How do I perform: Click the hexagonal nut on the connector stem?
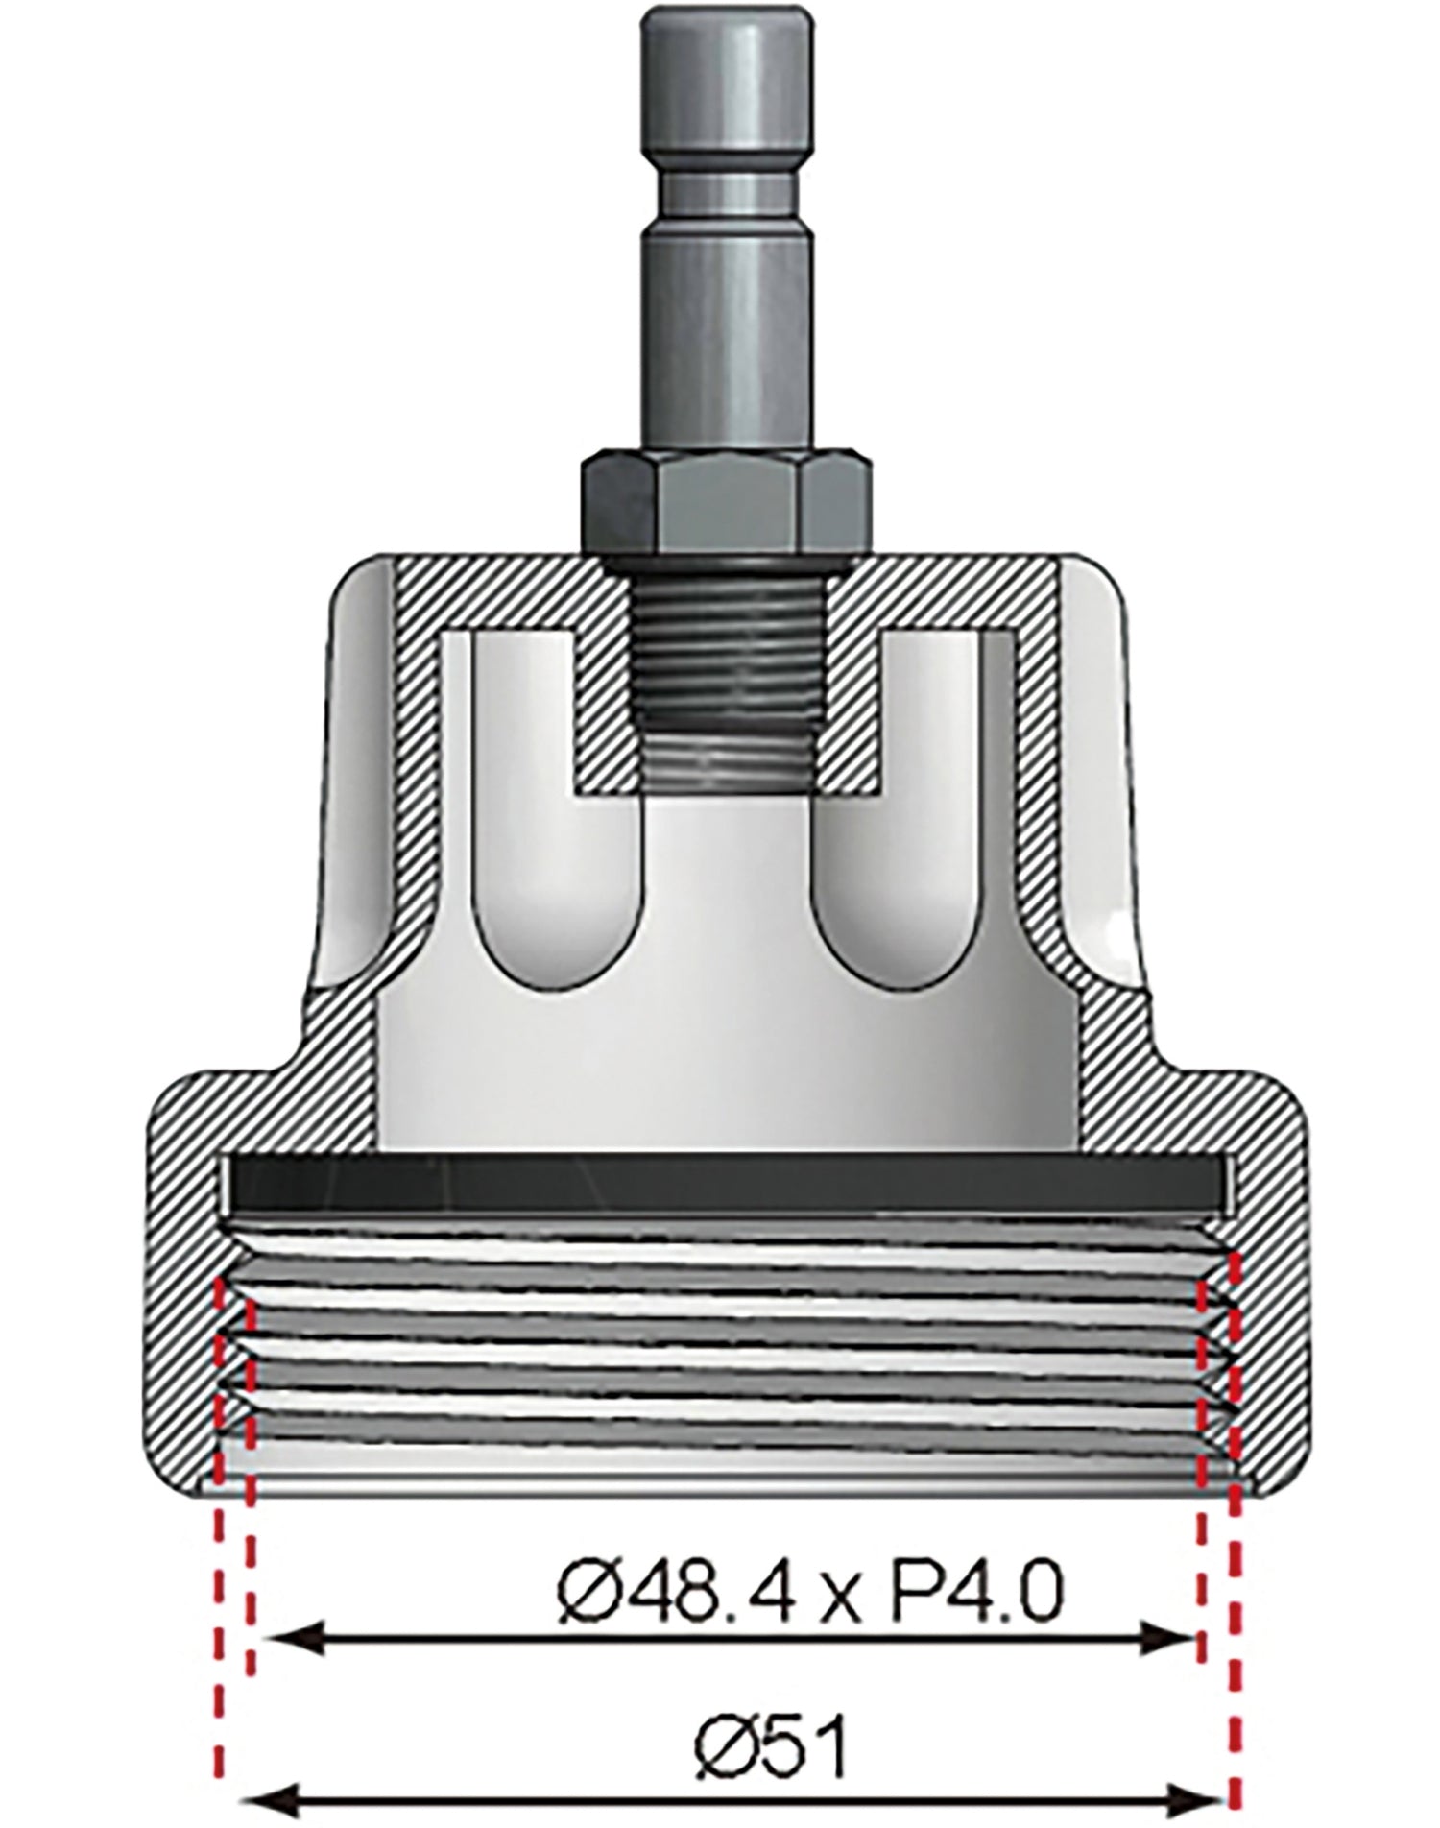[726, 500]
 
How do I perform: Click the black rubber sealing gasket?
[727, 1194]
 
